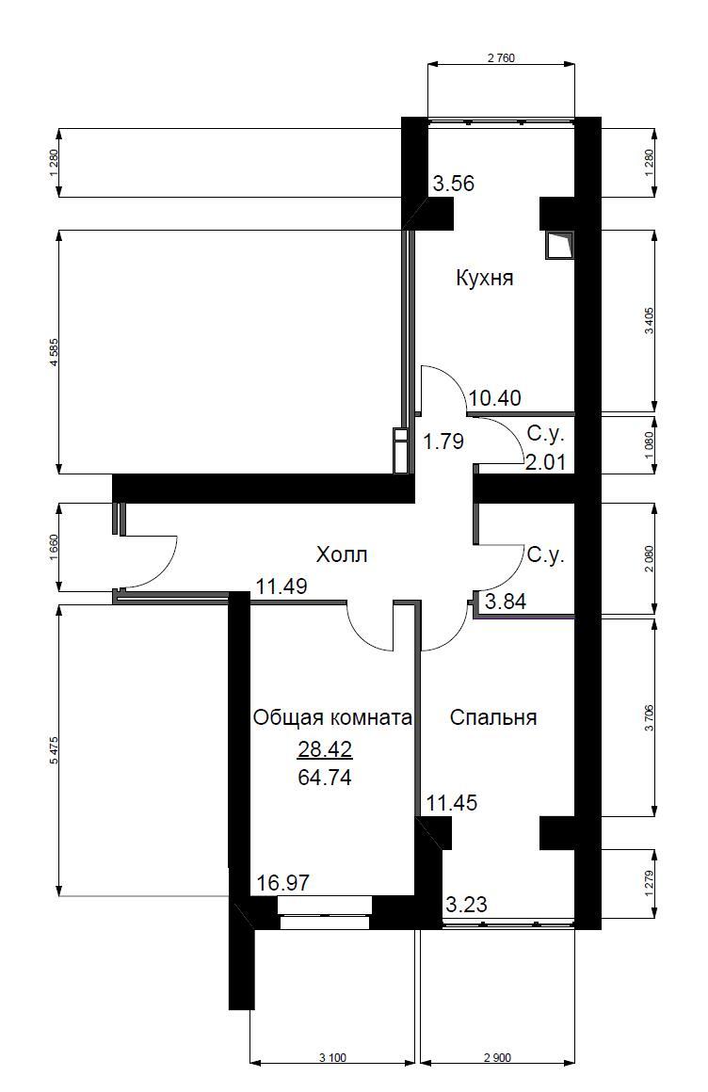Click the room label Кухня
coord(484,279)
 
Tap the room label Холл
coord(341,555)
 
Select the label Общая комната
coord(332,718)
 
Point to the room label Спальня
coord(493,718)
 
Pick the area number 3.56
coord(453,184)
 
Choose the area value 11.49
coord(282,587)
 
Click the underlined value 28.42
coord(324,749)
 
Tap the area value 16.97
coord(283,883)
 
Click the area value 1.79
coord(442,441)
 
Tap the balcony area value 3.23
coord(465,905)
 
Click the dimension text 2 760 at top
coord(501,58)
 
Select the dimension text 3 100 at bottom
coord(332,1058)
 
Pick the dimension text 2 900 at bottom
coord(496,1058)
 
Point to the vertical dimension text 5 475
coord(54,750)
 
